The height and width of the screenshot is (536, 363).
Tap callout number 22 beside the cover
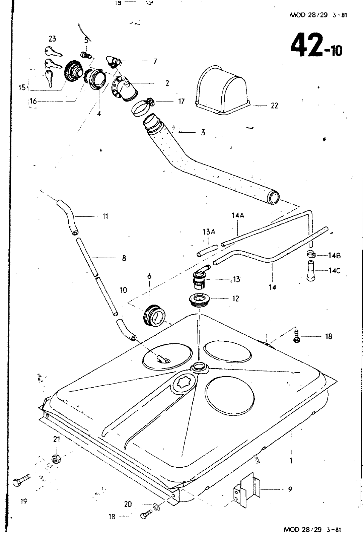[275, 106]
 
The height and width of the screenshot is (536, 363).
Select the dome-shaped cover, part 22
[222, 90]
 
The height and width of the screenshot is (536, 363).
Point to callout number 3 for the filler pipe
[203, 132]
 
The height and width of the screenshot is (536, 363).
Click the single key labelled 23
[53, 51]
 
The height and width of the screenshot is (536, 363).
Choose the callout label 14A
[238, 216]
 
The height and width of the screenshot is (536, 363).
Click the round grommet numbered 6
[154, 316]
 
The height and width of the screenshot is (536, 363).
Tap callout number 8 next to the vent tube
[124, 258]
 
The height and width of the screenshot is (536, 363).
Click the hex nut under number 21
[56, 459]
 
